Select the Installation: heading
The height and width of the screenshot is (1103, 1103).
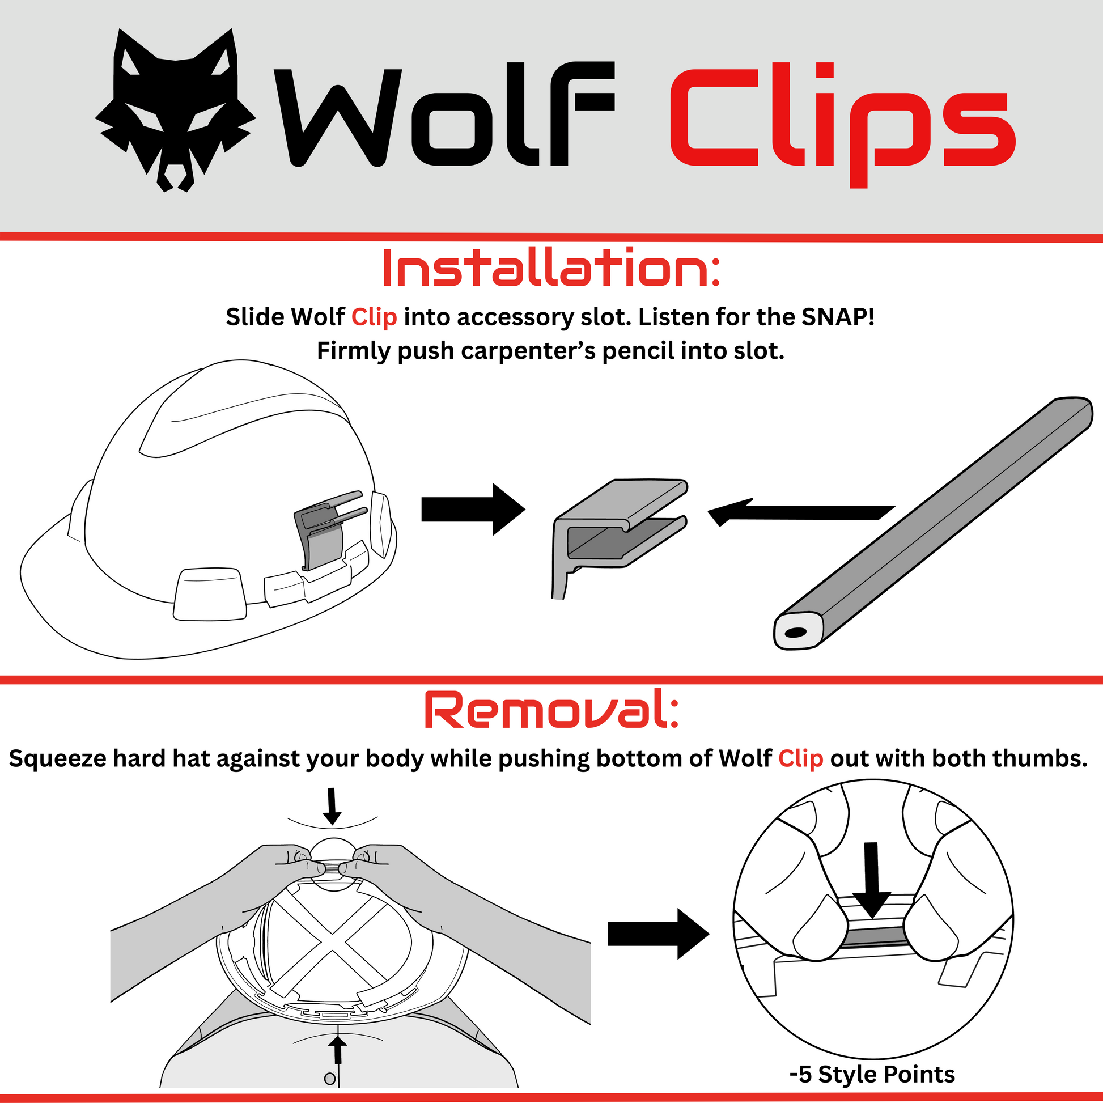[x=551, y=268]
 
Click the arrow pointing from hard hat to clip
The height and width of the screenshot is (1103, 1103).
[x=473, y=509]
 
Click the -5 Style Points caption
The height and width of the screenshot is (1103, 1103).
[x=872, y=1074]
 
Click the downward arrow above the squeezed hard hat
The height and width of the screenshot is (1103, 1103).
[x=332, y=807]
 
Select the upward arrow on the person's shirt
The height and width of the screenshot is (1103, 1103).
[x=338, y=1057]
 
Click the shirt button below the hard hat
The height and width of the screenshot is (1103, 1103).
[x=329, y=1079]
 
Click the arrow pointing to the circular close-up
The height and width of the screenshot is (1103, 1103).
[x=658, y=934]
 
